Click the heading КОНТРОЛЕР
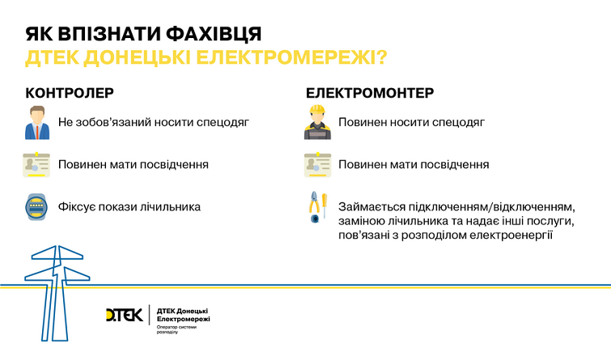pyautogui.click(x=70, y=93)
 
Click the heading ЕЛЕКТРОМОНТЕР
pyautogui.click(x=369, y=93)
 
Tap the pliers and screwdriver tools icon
pyautogui.click(x=316, y=208)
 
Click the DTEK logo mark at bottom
pyautogui.click(x=124, y=315)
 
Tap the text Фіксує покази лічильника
pyautogui.click(x=129, y=207)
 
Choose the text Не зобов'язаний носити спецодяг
pyautogui.click(x=153, y=123)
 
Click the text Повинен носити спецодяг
pyautogui.click(x=411, y=123)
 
